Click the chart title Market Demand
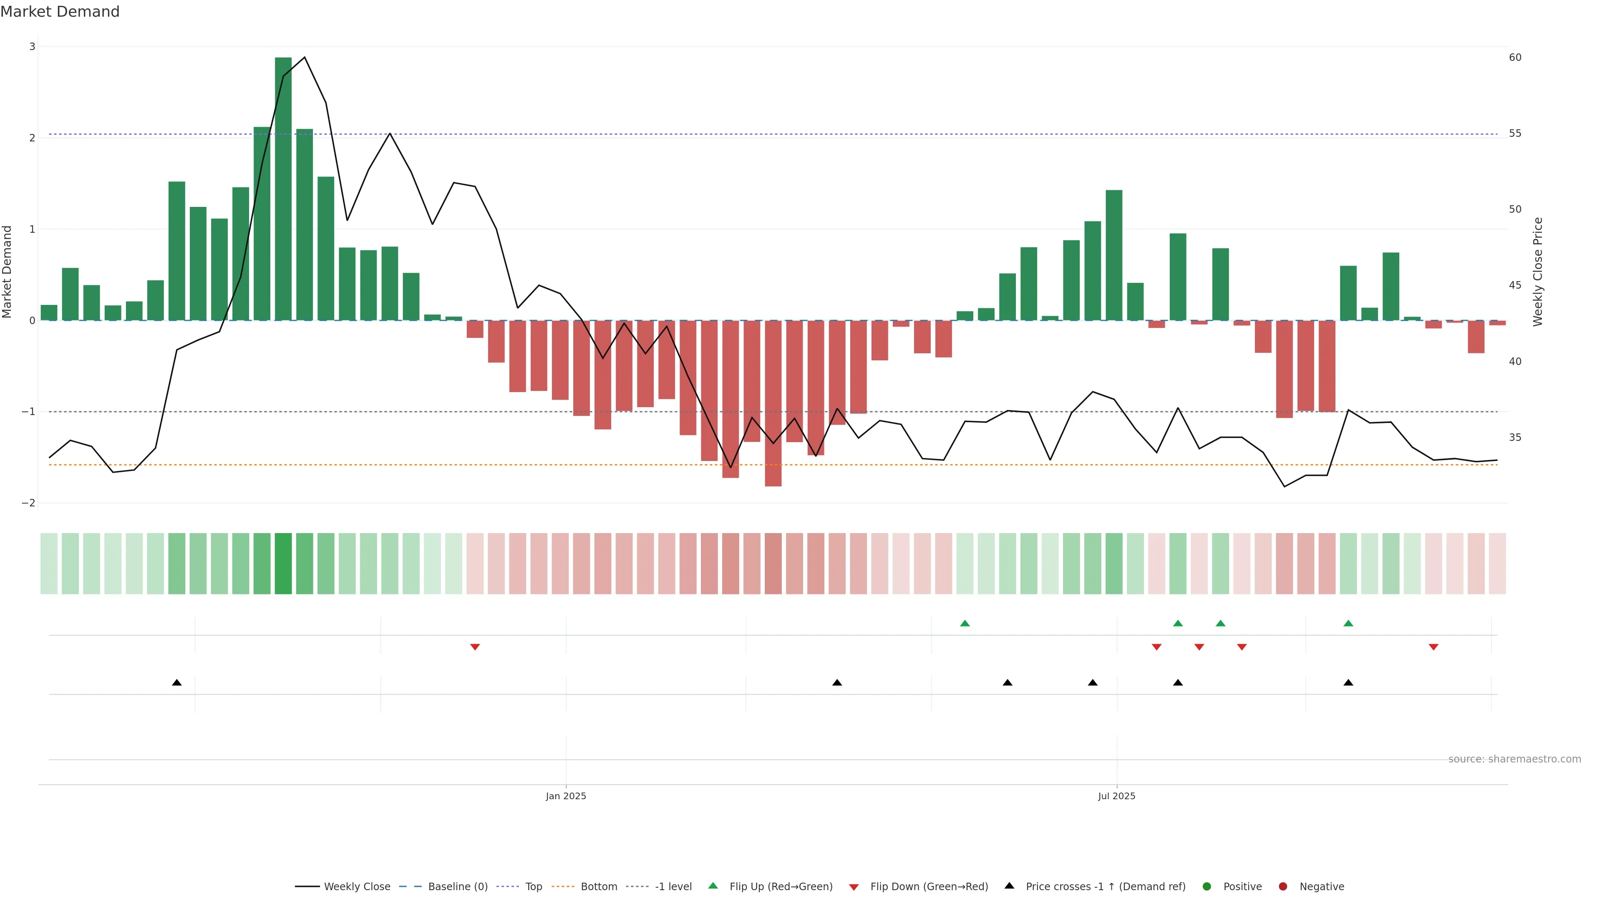pos(60,12)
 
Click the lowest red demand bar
pos(773,404)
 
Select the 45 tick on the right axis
pos(1515,285)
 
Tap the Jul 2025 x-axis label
pos(1116,796)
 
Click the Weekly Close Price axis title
pos(1538,272)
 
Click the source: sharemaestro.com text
pos(1514,759)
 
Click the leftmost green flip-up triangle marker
pos(965,623)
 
